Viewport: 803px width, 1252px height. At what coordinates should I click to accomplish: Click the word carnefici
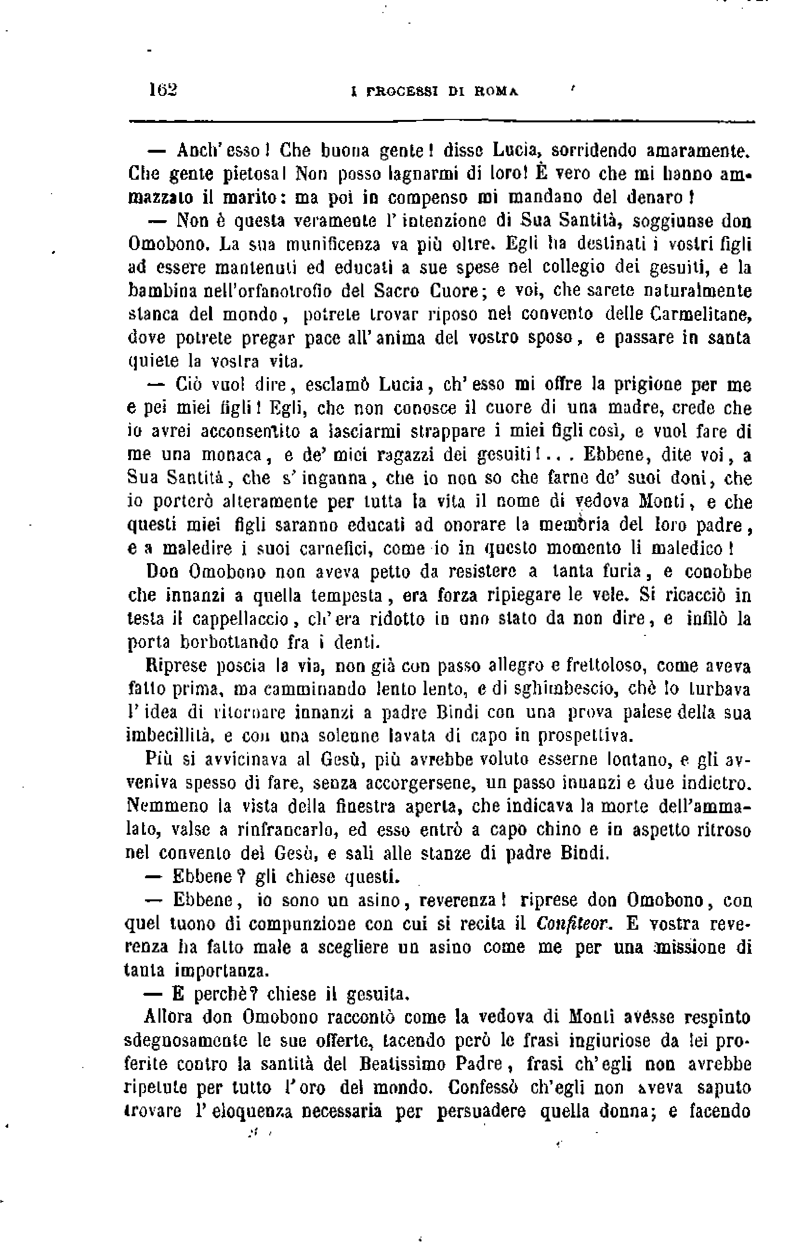335,549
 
